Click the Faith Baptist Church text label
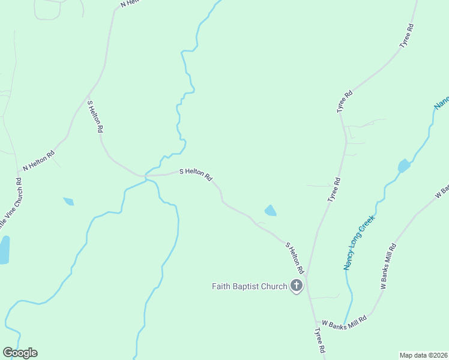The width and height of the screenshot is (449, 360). tap(249, 286)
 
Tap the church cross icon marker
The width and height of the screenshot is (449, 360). tap(297, 286)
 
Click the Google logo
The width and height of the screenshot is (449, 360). tap(20, 353)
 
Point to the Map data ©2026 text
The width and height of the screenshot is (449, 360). tap(423, 355)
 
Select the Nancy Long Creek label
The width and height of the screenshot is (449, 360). tap(358, 242)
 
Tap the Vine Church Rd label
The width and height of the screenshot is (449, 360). tap(12, 204)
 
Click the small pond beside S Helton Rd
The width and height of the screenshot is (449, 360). tap(271, 211)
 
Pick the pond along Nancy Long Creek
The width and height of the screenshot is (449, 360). tap(404, 166)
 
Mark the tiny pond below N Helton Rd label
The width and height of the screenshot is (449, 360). tap(68, 202)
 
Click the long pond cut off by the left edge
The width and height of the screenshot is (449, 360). tap(4, 250)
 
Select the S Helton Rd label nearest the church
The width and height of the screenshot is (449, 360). tap(295, 258)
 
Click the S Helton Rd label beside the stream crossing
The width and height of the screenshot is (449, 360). tap(196, 174)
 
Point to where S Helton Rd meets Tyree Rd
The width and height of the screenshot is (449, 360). tap(307, 277)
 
